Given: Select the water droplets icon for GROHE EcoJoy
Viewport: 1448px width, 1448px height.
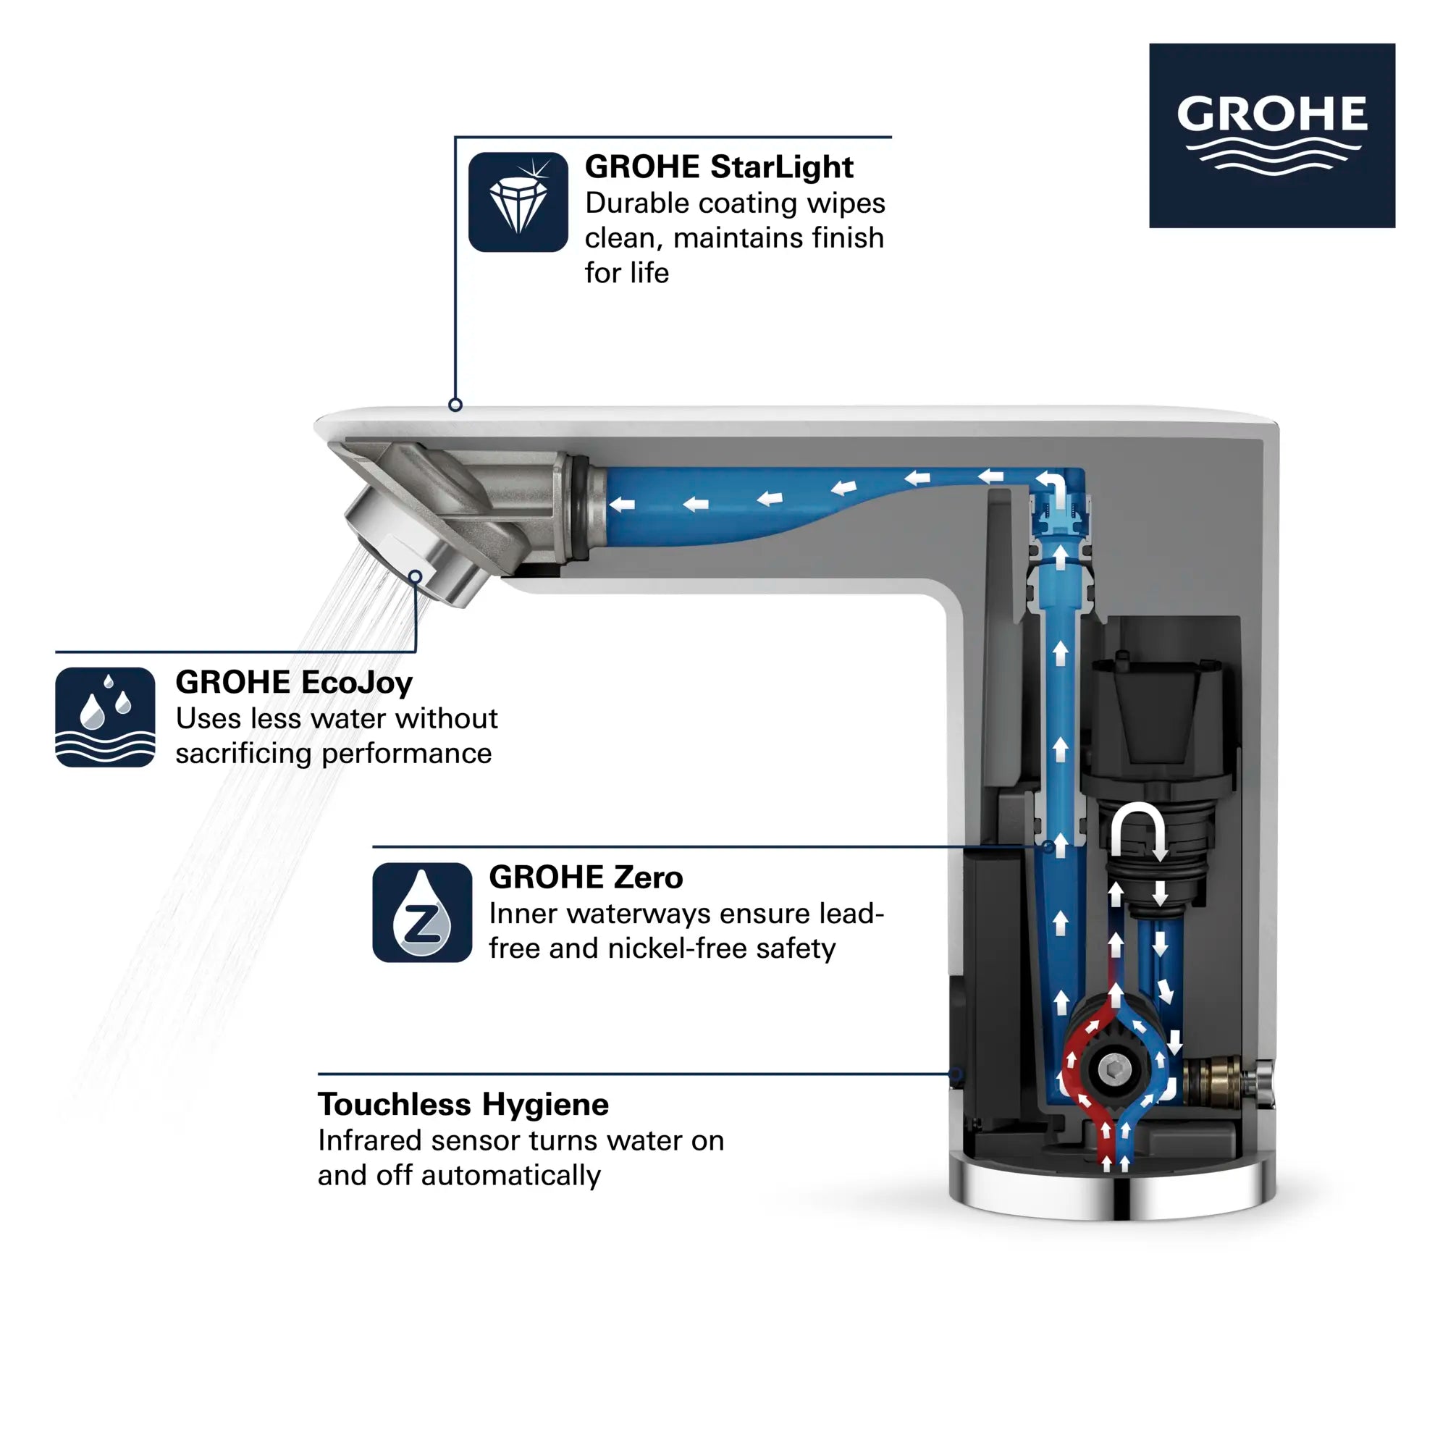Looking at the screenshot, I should coord(105,717).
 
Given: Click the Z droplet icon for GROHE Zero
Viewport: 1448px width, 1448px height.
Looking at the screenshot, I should coord(422,912).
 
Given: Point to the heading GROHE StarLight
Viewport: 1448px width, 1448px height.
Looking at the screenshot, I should coord(718,167).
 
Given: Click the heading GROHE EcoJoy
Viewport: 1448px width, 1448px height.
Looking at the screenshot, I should coord(294,682).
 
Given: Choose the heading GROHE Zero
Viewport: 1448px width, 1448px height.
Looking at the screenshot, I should coord(585,877).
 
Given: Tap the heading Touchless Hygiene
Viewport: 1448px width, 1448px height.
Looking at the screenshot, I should coord(463,1104).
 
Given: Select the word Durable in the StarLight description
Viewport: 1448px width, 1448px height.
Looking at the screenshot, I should coord(626,203).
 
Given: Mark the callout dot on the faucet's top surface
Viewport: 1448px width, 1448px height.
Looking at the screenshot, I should coord(455,405).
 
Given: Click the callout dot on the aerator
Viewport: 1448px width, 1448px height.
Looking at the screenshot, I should coord(415,576).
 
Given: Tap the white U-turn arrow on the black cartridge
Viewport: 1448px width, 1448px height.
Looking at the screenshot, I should coord(1137,829).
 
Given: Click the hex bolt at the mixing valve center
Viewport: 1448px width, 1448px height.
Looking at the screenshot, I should coord(1114,1067).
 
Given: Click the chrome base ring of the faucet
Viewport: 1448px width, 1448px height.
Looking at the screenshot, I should coord(1111,1192).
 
